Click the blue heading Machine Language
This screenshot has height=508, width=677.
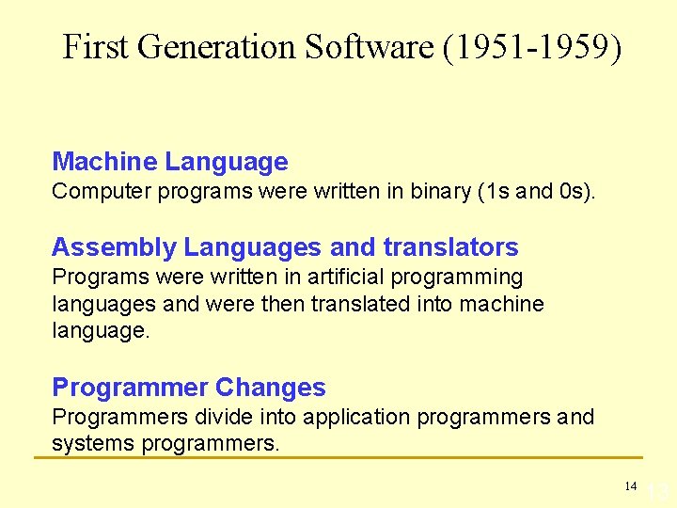(x=169, y=162)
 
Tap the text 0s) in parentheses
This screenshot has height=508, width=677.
(x=575, y=192)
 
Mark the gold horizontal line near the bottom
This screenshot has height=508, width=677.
(x=338, y=458)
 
